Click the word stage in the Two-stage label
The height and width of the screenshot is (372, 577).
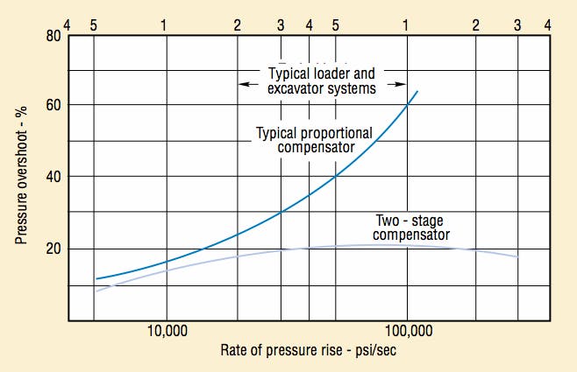point(431,221)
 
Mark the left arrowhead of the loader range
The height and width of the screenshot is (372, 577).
point(244,84)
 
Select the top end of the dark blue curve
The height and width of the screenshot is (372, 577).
point(417,90)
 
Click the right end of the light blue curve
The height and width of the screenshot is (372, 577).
point(518,256)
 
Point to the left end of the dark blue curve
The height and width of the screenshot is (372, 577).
point(96,279)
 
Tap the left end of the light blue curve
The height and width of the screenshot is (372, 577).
point(96,291)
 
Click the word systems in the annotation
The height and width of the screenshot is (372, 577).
point(353,88)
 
